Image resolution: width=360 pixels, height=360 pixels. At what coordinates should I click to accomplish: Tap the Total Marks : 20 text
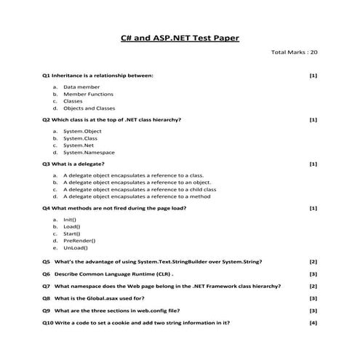tap(294, 52)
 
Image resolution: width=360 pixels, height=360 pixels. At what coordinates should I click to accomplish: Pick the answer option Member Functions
tap(88, 94)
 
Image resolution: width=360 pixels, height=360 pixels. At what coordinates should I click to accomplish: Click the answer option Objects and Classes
tap(89, 108)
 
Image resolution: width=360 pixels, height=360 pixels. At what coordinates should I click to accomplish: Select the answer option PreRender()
tap(79, 240)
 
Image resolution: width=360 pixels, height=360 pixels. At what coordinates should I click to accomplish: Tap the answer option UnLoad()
tap(76, 247)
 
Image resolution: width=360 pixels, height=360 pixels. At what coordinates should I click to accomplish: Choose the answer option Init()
tap(70, 219)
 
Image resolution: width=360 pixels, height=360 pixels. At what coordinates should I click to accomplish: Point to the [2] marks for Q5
tap(313, 261)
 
